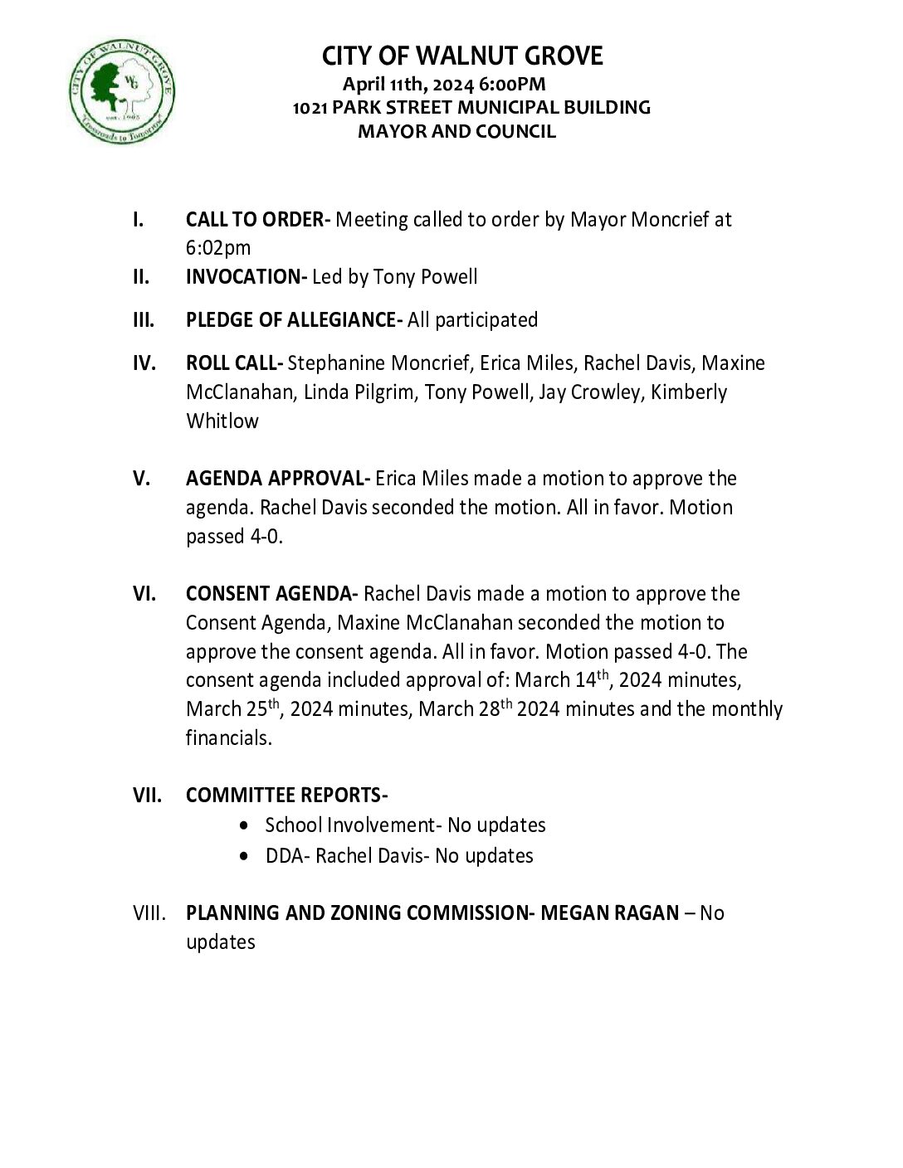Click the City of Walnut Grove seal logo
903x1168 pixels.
(121, 89)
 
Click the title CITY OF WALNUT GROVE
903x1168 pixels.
(462, 56)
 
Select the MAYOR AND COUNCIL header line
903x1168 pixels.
(456, 131)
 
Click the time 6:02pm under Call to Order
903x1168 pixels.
(218, 248)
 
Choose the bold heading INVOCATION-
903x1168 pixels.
(246, 276)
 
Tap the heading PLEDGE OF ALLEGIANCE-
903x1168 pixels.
(295, 319)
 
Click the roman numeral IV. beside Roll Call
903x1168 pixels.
(144, 363)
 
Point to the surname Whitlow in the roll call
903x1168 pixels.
(222, 421)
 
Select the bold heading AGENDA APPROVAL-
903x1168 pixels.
(278, 479)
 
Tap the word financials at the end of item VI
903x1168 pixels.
(228, 737)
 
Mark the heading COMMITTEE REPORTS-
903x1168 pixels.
(287, 795)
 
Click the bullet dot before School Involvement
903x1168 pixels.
(242, 825)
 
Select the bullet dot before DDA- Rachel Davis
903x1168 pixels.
(242, 855)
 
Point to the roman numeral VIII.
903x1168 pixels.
(149, 913)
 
